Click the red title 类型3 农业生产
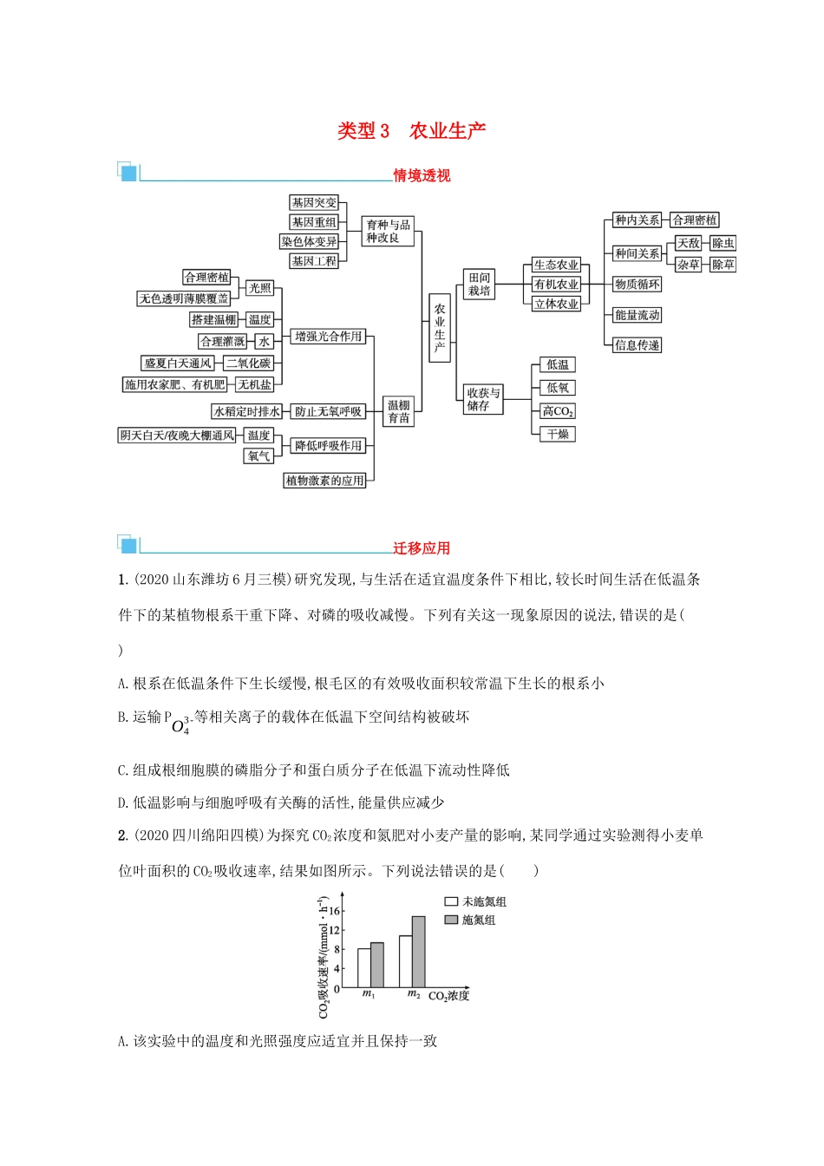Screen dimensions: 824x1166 411,131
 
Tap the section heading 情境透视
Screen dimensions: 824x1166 422,175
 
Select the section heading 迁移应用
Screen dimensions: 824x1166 422,548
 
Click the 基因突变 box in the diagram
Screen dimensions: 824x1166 314,202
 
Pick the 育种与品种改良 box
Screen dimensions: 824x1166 387,231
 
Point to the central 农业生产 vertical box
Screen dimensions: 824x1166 440,327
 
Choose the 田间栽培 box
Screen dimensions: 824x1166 479,284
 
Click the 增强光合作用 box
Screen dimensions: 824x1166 328,337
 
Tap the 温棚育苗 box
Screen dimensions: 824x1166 399,411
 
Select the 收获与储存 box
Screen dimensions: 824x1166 483,399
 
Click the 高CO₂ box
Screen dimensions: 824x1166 558,411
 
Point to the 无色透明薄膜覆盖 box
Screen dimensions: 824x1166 185,298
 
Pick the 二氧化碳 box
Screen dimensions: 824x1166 248,364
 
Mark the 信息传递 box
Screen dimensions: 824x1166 637,345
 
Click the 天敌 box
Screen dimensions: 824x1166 689,244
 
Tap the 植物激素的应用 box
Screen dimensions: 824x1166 325,480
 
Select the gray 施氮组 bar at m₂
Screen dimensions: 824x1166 419,952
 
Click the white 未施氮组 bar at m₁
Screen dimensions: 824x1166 364,967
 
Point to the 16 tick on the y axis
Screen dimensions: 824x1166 336,911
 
